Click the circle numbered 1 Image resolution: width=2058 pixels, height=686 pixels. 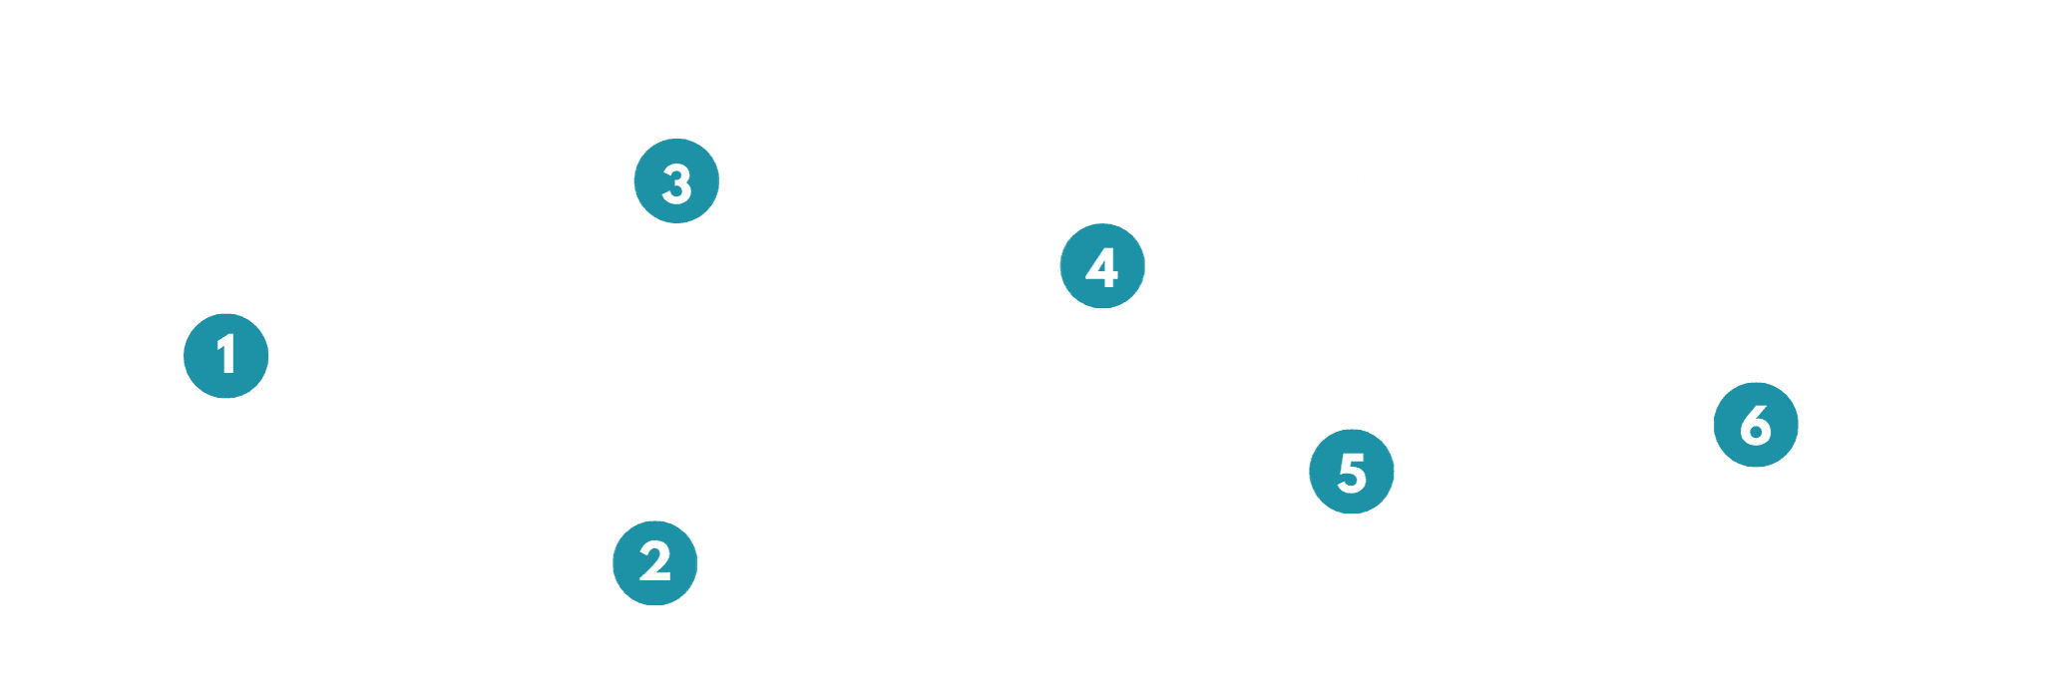(226, 355)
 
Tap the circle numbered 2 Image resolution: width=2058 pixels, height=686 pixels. (654, 562)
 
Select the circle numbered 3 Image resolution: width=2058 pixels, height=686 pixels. (677, 182)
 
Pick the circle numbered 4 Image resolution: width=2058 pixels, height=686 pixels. (1102, 266)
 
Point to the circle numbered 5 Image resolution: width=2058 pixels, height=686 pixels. (1351, 472)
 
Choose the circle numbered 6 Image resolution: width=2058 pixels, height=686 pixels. (1755, 425)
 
